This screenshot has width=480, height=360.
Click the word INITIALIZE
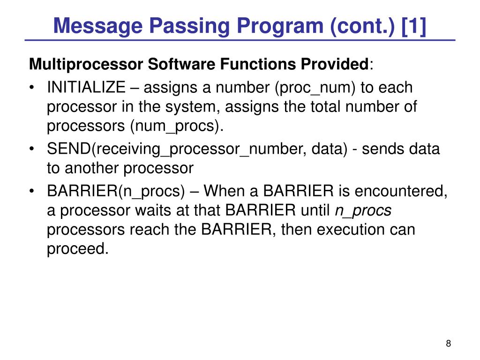86,87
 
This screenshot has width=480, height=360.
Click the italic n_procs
363,211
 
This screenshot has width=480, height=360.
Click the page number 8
449,344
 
